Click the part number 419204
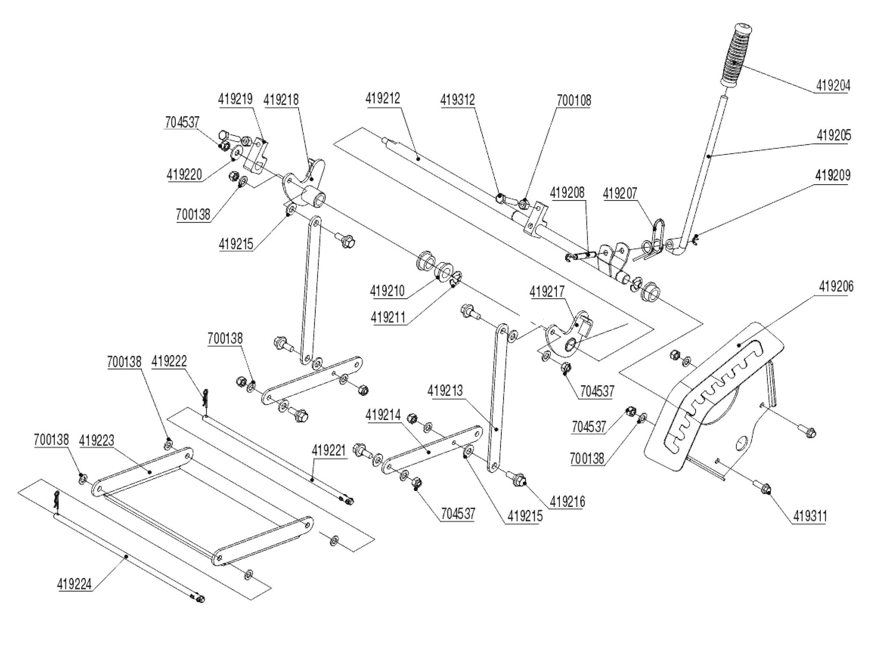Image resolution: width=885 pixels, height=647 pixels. point(833,86)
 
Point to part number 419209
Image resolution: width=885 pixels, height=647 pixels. point(832,175)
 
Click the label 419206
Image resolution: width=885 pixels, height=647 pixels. point(836,287)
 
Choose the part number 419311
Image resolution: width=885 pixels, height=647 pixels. point(810,517)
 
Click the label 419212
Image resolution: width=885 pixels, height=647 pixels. point(383,99)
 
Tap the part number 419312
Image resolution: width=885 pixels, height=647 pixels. point(458,100)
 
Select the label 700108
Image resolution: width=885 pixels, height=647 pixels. point(574,101)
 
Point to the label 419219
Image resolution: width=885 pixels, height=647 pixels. point(236,99)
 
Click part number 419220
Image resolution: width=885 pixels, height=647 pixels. point(184,175)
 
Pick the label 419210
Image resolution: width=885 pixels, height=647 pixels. point(388,291)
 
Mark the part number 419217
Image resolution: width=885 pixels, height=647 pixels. point(547,292)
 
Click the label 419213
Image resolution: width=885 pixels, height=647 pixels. point(445,391)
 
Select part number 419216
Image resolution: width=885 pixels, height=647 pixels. point(567,502)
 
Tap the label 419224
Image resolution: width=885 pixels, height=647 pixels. point(74,584)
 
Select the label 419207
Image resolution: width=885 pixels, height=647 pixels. point(620,194)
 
